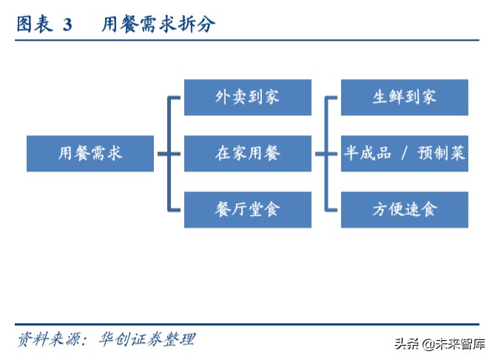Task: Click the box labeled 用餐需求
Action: pyautogui.click(x=90, y=154)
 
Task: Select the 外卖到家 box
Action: pyautogui.click(x=247, y=97)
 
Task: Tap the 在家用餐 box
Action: pyautogui.click(x=247, y=154)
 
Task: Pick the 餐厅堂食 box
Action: pyautogui.click(x=247, y=209)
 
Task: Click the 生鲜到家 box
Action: pyautogui.click(x=404, y=97)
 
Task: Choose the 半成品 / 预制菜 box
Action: pyautogui.click(x=404, y=154)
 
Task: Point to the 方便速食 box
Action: pyautogui.click(x=404, y=209)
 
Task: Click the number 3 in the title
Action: pyautogui.click(x=67, y=25)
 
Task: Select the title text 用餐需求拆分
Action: pyautogui.click(x=158, y=25)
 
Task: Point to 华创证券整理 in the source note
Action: pyautogui.click(x=147, y=339)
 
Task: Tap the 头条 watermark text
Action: pyautogui.click(x=406, y=344)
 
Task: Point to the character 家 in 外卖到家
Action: pyautogui.click(x=272, y=97)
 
